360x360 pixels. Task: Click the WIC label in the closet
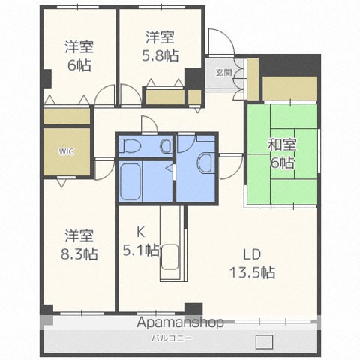[x=67, y=151]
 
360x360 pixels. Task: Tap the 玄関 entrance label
[x=224, y=72]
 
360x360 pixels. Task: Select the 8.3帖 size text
[x=79, y=254]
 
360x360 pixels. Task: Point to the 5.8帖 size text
[x=160, y=56]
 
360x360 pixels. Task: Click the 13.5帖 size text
[x=253, y=272]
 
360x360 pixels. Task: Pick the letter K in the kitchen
[x=140, y=232]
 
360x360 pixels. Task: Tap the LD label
[x=252, y=254]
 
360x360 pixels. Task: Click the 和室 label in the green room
[x=282, y=145]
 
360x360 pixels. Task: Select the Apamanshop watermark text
[x=180, y=322]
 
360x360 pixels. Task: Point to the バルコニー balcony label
[x=172, y=338]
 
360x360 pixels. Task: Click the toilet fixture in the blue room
[x=129, y=145]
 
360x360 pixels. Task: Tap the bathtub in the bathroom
[x=130, y=181]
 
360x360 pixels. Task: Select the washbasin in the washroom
[x=205, y=163]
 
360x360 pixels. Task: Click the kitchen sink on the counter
[x=170, y=257]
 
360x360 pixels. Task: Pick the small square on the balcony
[x=264, y=342]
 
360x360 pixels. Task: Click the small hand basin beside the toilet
[x=166, y=146]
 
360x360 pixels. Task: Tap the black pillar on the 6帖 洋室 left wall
[x=46, y=79]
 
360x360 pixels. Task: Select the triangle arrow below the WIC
[x=61, y=183]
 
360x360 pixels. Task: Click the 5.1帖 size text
[x=141, y=250]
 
